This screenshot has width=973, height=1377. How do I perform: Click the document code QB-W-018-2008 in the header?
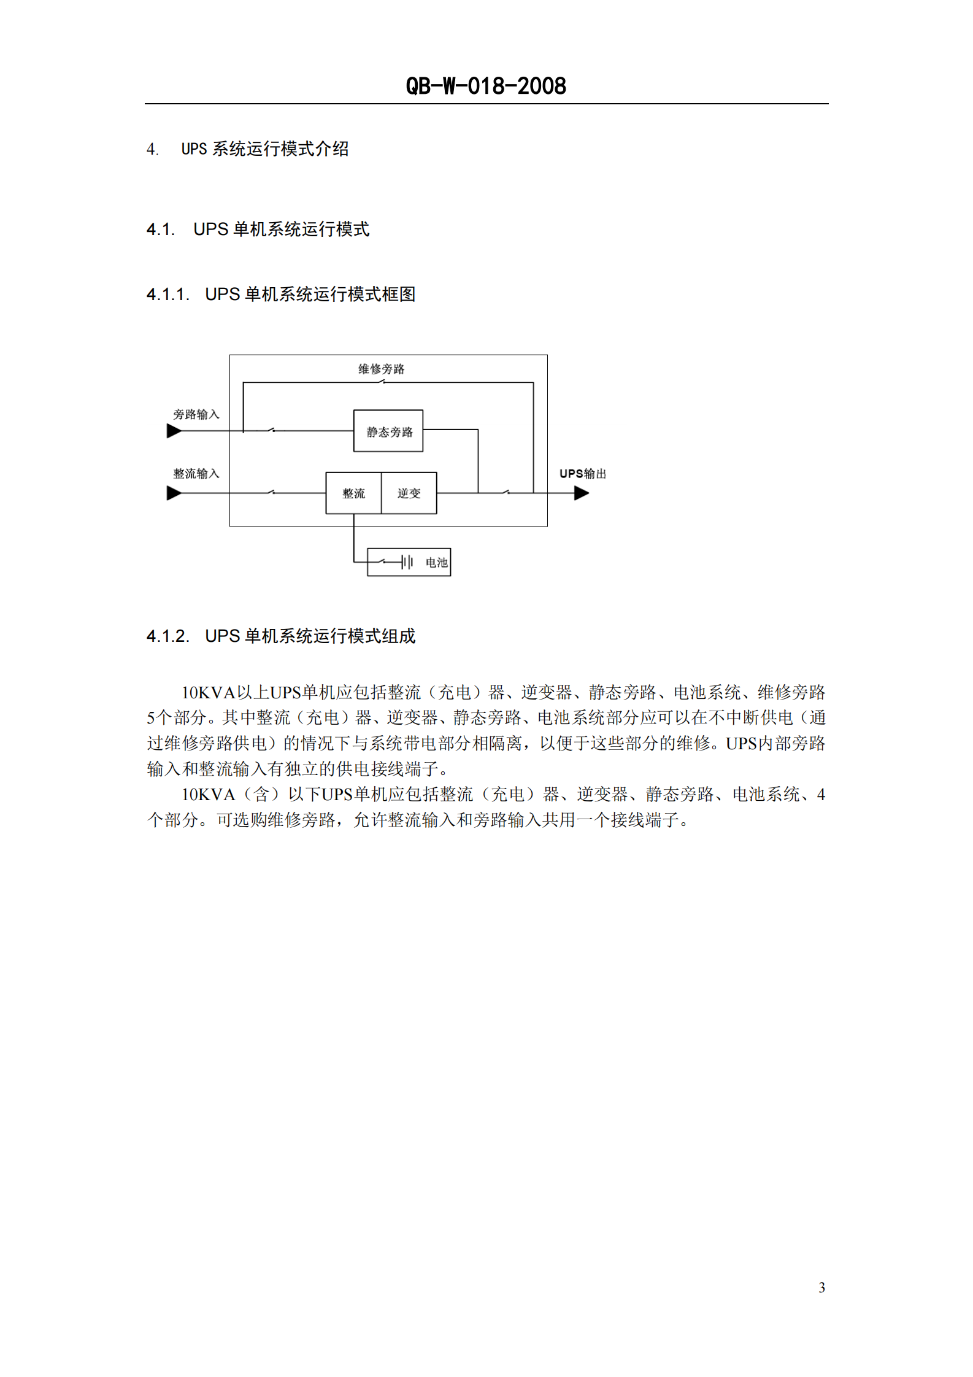[486, 86]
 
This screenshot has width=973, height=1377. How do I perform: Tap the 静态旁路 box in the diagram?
[388, 431]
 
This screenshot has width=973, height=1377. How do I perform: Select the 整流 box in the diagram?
[353, 493]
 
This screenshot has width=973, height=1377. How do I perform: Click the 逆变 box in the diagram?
[409, 493]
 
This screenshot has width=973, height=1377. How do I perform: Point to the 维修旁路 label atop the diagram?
[382, 369]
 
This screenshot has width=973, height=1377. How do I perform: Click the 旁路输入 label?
[196, 415]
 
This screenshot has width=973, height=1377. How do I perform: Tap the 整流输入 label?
[196, 474]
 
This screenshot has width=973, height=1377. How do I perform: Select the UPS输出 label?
[582, 474]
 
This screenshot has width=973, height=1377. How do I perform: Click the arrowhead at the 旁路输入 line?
[174, 431]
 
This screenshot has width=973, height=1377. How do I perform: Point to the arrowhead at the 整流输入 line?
[174, 493]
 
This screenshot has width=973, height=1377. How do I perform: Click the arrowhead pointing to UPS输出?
[582, 493]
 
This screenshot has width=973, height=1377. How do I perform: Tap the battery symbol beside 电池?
[407, 562]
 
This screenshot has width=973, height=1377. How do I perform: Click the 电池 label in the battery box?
[436, 563]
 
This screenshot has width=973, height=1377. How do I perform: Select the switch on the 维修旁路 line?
[381, 382]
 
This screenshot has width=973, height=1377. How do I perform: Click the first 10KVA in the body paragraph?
[209, 693]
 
